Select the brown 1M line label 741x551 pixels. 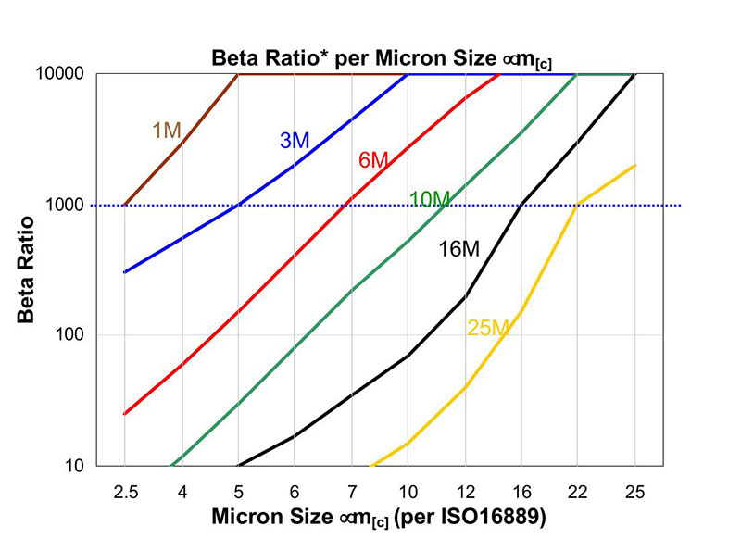(x=167, y=131)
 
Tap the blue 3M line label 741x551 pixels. (x=294, y=141)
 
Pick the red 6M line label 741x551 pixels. (x=372, y=160)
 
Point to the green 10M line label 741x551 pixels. (x=429, y=199)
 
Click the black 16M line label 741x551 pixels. (x=458, y=249)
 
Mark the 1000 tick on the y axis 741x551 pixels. (x=68, y=205)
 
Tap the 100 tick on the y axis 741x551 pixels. (x=71, y=335)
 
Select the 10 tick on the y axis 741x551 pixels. (x=76, y=466)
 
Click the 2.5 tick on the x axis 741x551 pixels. (x=124, y=490)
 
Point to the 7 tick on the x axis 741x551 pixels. (x=351, y=490)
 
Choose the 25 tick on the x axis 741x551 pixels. (x=634, y=490)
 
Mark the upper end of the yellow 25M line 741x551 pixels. (x=634, y=165)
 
